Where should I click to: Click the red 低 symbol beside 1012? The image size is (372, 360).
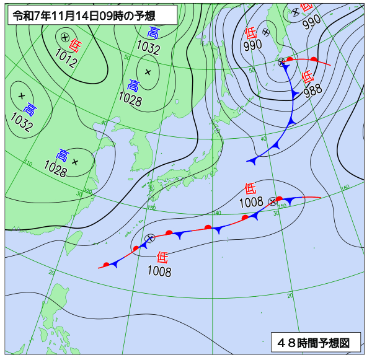coord(75,45)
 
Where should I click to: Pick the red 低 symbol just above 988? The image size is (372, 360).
coord(307,77)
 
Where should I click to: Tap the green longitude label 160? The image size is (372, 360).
coord(345,187)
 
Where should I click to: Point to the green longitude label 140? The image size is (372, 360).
coord(216,213)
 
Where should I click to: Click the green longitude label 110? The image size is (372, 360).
coord(27,164)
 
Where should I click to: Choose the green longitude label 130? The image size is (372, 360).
coord(152,208)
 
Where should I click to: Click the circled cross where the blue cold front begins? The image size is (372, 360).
coord(282,61)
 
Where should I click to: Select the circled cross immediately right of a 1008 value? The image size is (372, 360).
coord(272,201)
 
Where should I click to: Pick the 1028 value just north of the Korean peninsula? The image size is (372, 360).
coord(130,98)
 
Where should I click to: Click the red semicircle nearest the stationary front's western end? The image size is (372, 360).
coord(107,265)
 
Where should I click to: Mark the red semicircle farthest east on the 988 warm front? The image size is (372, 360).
coord(314,59)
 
